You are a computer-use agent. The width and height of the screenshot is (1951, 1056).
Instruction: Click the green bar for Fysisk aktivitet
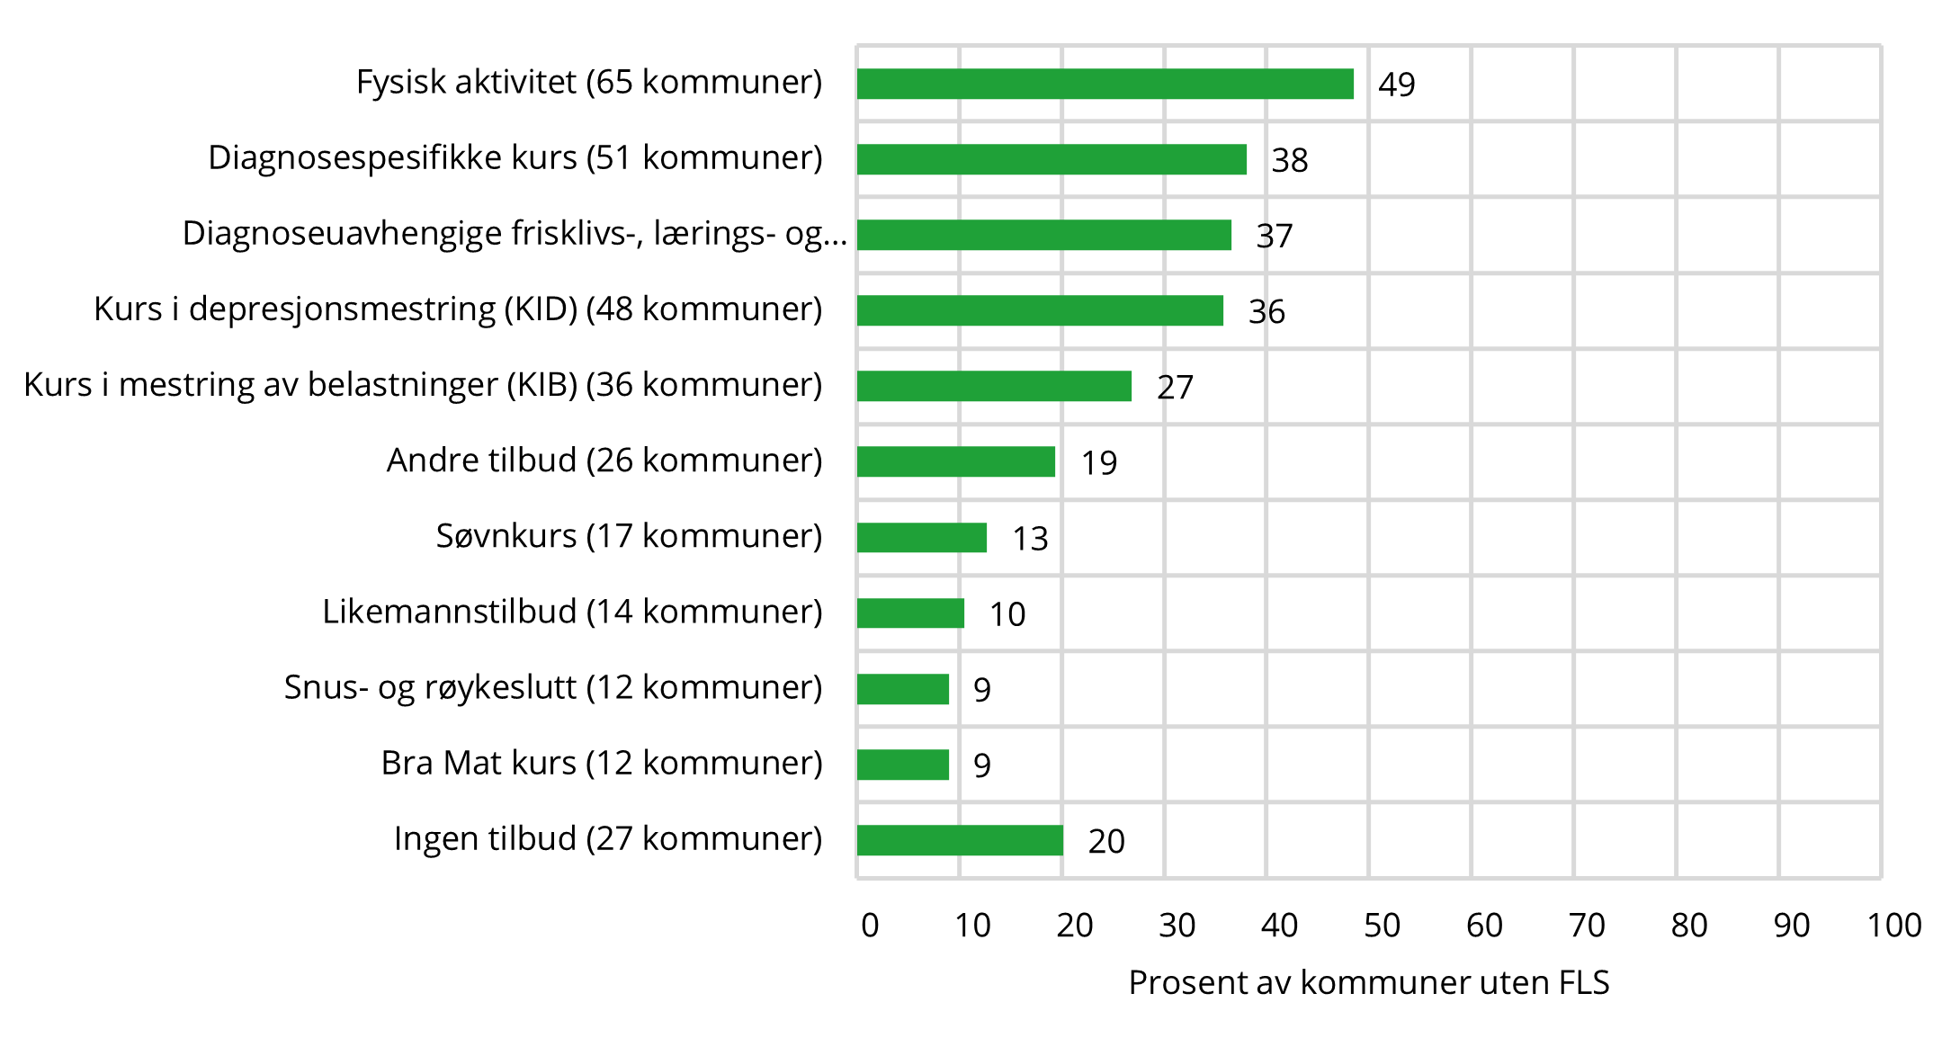pyautogui.click(x=1105, y=84)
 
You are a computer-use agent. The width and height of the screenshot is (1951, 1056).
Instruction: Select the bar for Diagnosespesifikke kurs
pyautogui.click(x=1052, y=159)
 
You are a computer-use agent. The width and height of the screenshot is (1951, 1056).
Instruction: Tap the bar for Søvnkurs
pyautogui.click(x=921, y=538)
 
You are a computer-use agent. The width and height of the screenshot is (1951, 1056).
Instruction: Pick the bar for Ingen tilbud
pyautogui.click(x=960, y=840)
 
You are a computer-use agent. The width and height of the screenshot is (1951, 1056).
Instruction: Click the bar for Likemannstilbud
pyautogui.click(x=910, y=613)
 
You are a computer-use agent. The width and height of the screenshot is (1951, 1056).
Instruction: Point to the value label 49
pyautogui.click(x=1396, y=85)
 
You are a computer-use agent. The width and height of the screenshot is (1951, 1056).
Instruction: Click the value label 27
pyautogui.click(x=1175, y=388)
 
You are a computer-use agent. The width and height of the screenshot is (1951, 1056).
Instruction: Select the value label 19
pyautogui.click(x=1098, y=463)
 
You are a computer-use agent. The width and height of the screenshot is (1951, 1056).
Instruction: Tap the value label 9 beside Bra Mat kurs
pyautogui.click(x=981, y=765)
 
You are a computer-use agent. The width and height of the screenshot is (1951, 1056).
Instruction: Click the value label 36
pyautogui.click(x=1266, y=312)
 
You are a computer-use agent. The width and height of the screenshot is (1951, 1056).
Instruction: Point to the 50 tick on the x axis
pyautogui.click(x=1382, y=926)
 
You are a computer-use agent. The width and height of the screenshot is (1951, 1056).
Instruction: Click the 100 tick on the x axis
pyautogui.click(x=1893, y=926)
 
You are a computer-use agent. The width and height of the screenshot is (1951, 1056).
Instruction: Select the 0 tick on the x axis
pyautogui.click(x=869, y=926)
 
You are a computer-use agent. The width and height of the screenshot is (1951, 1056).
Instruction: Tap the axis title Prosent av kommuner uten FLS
pyautogui.click(x=1368, y=982)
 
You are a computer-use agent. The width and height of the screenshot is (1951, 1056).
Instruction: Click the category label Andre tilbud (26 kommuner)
pyautogui.click(x=604, y=461)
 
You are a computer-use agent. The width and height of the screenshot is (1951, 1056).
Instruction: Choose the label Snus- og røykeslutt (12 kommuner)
pyautogui.click(x=553, y=687)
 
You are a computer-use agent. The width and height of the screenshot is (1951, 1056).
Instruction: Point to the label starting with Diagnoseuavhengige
pyautogui.click(x=515, y=234)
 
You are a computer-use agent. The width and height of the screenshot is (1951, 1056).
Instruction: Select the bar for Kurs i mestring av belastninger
pyautogui.click(x=994, y=386)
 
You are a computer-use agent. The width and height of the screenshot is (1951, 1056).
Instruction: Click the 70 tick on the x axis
pyautogui.click(x=1586, y=926)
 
